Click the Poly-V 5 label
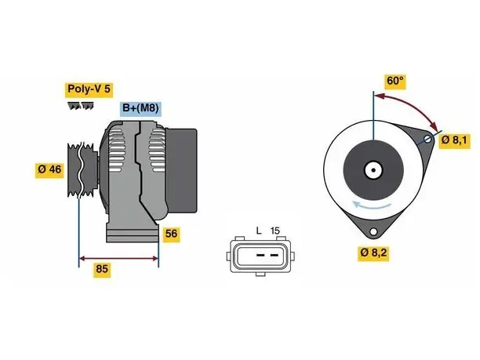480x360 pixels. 89,89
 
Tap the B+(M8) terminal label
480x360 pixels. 140,108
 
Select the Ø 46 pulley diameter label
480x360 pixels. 49,169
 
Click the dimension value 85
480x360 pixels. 102,269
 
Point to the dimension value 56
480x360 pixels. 171,235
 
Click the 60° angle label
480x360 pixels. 395,81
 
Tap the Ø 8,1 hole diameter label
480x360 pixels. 454,140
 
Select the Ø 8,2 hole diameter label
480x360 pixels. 373,253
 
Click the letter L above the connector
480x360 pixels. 259,231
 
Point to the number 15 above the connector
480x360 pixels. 275,231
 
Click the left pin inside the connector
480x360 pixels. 260,255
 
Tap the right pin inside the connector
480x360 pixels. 275,255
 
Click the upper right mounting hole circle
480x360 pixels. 427,140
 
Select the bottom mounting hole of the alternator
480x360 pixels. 373,231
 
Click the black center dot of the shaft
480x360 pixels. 373,170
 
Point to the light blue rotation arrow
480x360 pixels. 371,206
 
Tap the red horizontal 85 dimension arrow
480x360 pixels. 118,259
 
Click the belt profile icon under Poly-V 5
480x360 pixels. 81,106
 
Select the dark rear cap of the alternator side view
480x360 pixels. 181,170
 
